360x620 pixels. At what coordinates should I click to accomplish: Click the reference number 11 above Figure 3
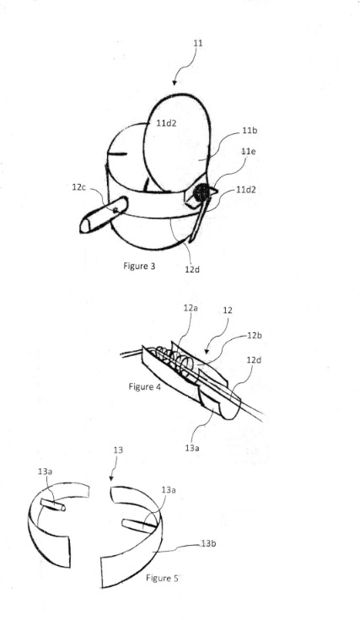click(x=198, y=43)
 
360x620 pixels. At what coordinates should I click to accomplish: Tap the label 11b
click(x=250, y=130)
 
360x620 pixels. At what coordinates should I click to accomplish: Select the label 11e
click(x=248, y=151)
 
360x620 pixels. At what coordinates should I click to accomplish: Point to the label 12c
click(x=78, y=187)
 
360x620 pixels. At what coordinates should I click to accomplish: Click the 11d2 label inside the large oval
click(x=166, y=123)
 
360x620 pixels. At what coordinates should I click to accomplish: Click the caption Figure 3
click(x=139, y=266)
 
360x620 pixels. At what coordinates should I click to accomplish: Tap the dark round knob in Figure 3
click(x=201, y=192)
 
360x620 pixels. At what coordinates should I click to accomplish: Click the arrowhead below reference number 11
click(x=175, y=83)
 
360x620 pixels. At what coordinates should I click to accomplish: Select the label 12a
click(x=190, y=308)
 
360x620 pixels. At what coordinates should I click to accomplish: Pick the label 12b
click(x=255, y=336)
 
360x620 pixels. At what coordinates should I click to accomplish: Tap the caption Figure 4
click(x=145, y=386)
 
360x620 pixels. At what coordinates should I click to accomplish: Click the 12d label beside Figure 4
click(x=253, y=360)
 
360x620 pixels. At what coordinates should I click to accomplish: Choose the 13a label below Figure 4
click(x=191, y=448)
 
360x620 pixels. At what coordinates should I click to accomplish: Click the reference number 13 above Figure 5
click(x=118, y=450)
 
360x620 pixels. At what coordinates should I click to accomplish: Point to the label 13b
click(x=208, y=544)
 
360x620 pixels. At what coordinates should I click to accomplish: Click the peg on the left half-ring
click(x=53, y=504)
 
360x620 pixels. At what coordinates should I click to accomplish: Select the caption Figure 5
click(x=162, y=578)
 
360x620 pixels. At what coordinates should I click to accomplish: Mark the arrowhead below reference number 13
click(x=111, y=478)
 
